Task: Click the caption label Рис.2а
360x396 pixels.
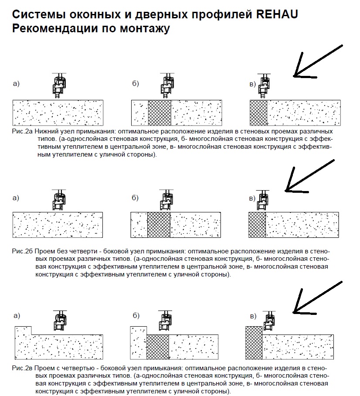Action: tap(23, 131)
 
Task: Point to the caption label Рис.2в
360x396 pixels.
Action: tap(23, 368)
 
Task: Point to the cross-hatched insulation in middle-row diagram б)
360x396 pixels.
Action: tap(159, 225)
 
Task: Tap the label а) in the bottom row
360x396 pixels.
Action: tap(17, 316)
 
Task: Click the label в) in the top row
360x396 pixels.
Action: tap(252, 83)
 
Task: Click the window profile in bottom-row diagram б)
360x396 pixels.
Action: tap(167, 321)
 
